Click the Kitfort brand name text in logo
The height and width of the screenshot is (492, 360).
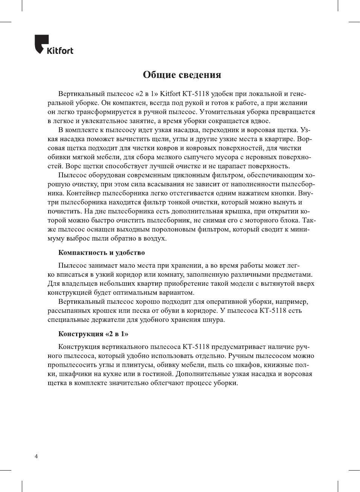point(60,50)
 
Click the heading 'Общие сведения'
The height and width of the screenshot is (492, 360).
point(182,75)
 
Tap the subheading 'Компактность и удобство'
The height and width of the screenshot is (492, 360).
point(101,253)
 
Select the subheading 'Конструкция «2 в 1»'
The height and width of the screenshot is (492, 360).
point(93,334)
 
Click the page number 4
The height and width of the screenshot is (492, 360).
point(36,457)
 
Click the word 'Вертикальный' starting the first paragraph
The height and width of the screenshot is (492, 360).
point(81,94)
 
